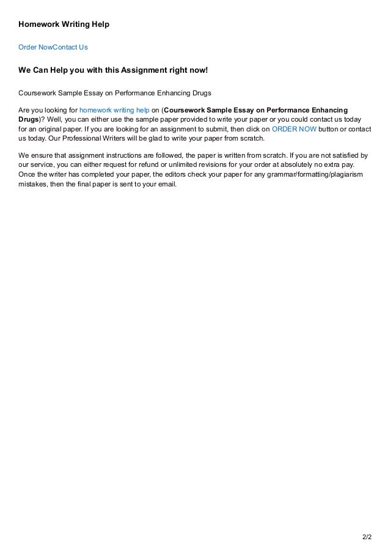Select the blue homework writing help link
click(115, 109)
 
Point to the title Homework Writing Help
click(64, 24)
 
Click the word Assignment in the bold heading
click(143, 70)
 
